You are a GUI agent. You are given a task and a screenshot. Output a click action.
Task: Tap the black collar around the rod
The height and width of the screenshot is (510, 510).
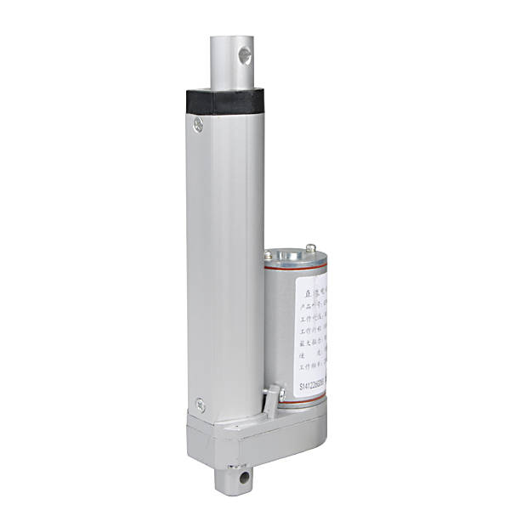[x=223, y=100]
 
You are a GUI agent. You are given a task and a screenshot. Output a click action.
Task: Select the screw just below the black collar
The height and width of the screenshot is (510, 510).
[x=199, y=125]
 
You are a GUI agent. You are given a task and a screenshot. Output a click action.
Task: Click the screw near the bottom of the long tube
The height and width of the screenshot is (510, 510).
[x=200, y=405]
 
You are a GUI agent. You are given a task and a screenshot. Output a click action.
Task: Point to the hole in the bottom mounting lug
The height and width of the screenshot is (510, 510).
[x=246, y=480]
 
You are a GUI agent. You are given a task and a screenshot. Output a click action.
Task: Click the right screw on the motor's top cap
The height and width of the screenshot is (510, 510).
[x=312, y=248]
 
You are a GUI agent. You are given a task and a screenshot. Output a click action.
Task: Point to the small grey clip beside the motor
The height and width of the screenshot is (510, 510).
[x=270, y=399]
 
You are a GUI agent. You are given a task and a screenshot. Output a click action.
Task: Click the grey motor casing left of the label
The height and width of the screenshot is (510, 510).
[x=275, y=331]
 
